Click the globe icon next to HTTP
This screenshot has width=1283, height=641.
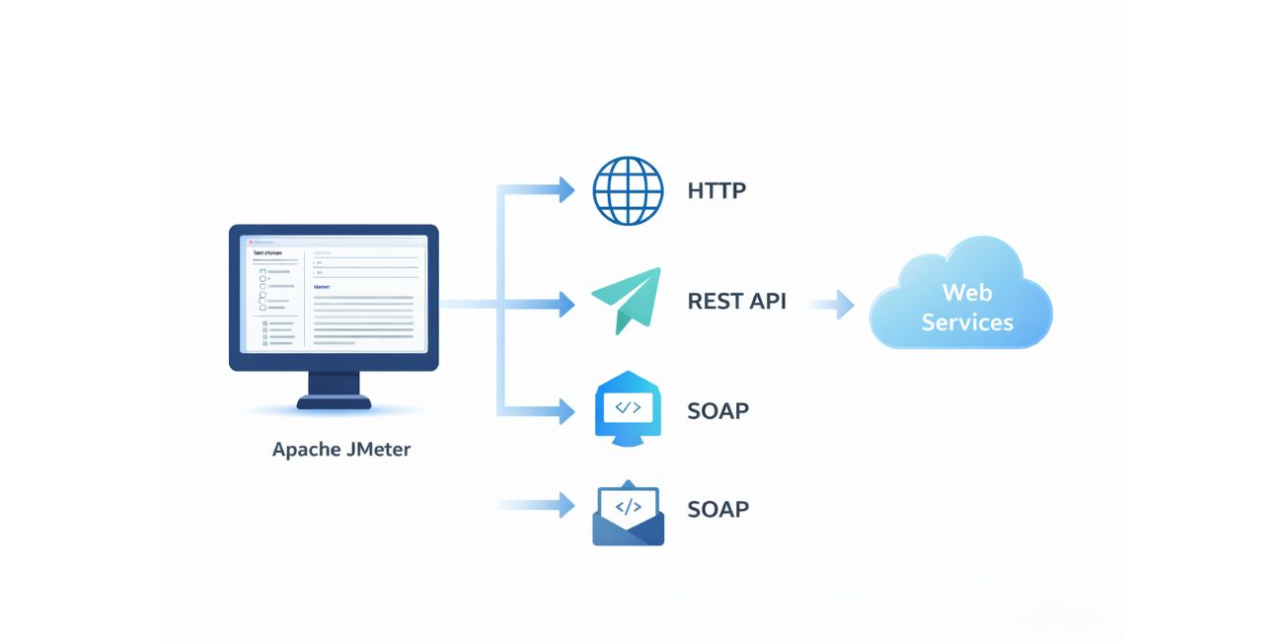pos(628,190)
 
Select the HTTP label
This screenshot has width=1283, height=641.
pos(717,190)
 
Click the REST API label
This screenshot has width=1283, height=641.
pos(736,301)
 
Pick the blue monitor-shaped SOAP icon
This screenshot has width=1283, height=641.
pos(628,408)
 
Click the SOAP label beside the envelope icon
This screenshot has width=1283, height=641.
pos(717,509)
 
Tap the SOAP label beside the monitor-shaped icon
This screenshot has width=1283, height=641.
pos(717,410)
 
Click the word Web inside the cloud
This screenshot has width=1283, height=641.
pos(967,292)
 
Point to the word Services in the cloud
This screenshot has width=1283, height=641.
pos(967,322)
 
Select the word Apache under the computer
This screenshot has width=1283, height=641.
pos(305,450)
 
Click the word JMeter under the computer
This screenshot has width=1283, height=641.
pos(378,450)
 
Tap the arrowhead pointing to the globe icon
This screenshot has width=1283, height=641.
pos(566,189)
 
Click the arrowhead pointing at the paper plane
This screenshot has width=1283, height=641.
pos(566,305)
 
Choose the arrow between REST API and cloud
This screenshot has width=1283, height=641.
pos(834,305)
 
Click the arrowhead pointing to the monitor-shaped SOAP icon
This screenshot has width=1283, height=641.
pos(566,411)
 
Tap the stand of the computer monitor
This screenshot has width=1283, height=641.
pos(334,389)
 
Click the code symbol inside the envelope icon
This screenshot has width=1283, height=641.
pos(628,507)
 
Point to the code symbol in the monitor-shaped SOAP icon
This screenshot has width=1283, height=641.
pos(628,406)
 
